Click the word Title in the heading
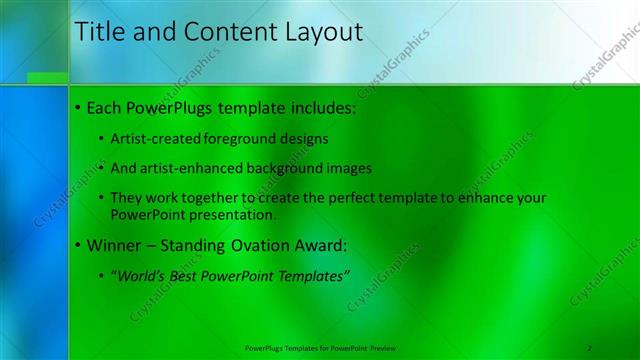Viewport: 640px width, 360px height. [98, 32]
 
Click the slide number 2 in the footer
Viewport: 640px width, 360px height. [590, 347]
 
